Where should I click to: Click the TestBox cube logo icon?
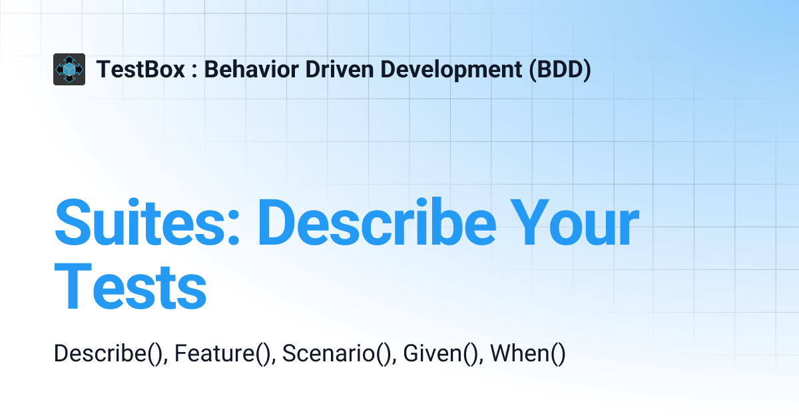click(69, 69)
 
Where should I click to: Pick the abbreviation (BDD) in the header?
click(560, 69)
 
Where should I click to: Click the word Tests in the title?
click(131, 287)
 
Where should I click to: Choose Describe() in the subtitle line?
click(109, 353)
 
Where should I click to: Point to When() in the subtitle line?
click(527, 353)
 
